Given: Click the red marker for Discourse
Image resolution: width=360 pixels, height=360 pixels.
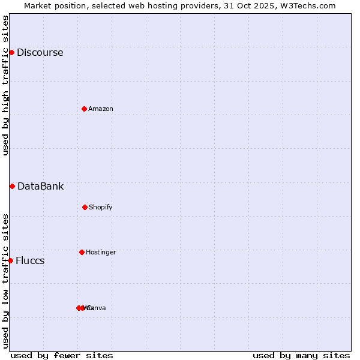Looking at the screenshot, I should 11,52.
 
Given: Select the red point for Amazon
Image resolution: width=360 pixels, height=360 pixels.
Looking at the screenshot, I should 84,109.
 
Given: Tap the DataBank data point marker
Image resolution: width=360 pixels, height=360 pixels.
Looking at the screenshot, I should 12,186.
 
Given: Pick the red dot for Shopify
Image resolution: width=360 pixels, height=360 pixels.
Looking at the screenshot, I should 85,207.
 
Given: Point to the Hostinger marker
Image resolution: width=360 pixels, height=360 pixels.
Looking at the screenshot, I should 82,252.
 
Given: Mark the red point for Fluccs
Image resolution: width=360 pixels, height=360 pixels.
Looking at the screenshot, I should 10,260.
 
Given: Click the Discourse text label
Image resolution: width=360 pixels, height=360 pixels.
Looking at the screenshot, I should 40,52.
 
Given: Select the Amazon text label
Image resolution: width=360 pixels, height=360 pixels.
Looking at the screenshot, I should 101,109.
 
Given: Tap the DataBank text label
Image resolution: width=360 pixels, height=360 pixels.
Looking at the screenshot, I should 40,186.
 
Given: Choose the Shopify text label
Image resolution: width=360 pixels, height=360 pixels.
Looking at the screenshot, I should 101,207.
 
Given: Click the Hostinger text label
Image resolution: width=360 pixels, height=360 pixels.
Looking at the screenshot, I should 101,252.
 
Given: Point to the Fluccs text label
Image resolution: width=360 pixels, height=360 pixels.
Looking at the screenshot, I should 30,260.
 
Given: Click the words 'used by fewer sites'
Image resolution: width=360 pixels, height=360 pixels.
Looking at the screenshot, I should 62,355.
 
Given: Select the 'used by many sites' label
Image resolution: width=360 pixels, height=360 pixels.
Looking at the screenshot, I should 301,355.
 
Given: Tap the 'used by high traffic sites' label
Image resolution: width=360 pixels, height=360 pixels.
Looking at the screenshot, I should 5,85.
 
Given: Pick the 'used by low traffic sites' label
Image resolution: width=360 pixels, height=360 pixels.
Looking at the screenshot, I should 5,281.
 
